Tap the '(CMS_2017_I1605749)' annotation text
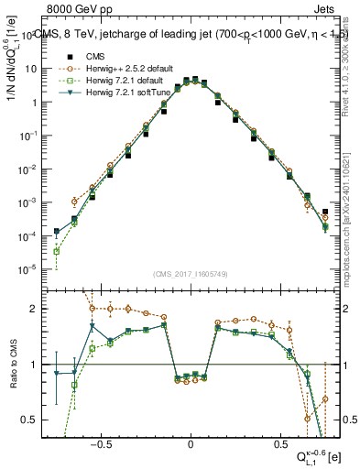click(190, 274)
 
